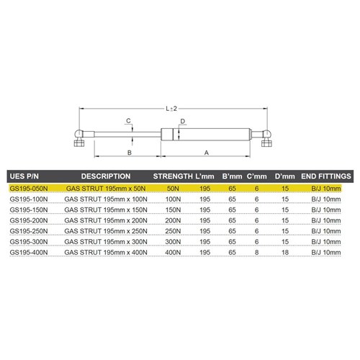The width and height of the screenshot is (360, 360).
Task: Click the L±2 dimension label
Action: pyautogui.click(x=171, y=108)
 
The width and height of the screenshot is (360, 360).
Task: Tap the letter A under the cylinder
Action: pyautogui.click(x=207, y=153)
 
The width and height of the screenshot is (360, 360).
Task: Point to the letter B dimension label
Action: pyautogui.click(x=128, y=153)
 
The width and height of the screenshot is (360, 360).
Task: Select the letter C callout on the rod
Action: pyautogui.click(x=127, y=120)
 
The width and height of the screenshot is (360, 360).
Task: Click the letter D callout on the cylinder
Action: pyautogui.click(x=183, y=121)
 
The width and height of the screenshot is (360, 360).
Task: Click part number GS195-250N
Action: pyautogui.click(x=28, y=231)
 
